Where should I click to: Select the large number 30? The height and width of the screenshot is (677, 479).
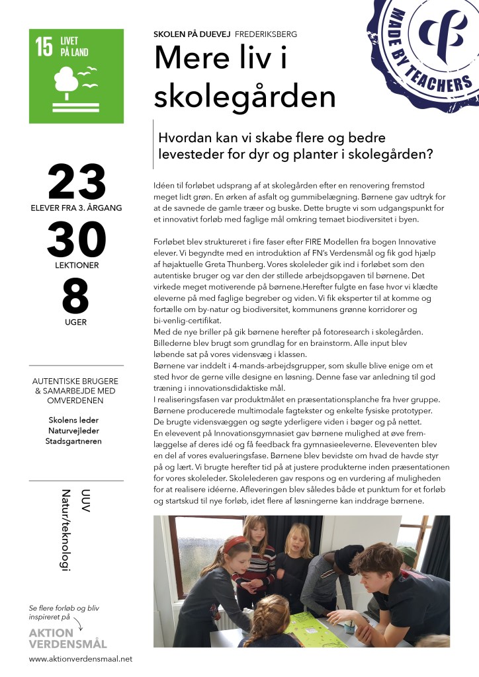pyautogui.click(x=76, y=240)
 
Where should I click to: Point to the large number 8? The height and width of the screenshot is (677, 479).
pyautogui.click(x=75, y=298)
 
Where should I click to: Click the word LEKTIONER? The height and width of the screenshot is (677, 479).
pyautogui.click(x=76, y=264)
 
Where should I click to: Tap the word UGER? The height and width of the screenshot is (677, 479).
pyautogui.click(x=76, y=322)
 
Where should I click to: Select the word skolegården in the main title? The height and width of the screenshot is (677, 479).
pyautogui.click(x=244, y=96)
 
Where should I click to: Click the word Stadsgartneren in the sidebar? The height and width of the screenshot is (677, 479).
pyautogui.click(x=75, y=441)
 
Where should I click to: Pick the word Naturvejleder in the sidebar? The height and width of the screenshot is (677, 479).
pyautogui.click(x=75, y=430)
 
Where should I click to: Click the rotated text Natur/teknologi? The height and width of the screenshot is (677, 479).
pyautogui.click(x=65, y=530)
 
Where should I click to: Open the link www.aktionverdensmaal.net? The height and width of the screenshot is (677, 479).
pyautogui.click(x=81, y=658)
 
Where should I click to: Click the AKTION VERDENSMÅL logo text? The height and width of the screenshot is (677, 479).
pyautogui.click(x=67, y=638)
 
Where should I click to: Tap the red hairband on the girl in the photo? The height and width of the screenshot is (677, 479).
pyautogui.click(x=233, y=543)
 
